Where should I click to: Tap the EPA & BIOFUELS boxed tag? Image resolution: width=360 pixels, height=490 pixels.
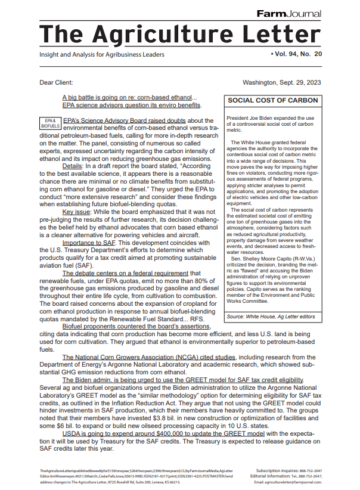(x=49, y=123)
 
